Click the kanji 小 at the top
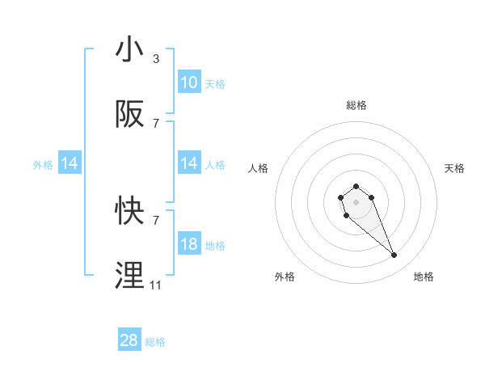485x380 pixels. pos(130,50)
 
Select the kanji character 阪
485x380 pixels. pos(130,115)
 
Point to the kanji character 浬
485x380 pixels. pos(130,276)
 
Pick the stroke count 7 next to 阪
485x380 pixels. pos(156,124)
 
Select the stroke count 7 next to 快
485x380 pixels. pos(156,219)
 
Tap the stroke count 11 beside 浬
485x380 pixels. pos(155,285)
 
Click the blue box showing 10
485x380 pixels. pos(189,82)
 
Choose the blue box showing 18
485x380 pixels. pos(189,244)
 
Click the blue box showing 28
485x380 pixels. pos(129,340)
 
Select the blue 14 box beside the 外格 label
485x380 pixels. pos(70,164)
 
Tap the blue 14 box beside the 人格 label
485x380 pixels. pos(189,164)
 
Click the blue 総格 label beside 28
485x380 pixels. pos(156,342)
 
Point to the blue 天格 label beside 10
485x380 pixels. pos(215,83)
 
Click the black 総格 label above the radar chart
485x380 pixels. pos(356,105)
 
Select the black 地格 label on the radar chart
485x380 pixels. pos(424,277)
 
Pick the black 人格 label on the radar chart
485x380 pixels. pos(259,168)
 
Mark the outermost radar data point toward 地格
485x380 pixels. pos(394,255)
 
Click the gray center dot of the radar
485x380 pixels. pos(356,201)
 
